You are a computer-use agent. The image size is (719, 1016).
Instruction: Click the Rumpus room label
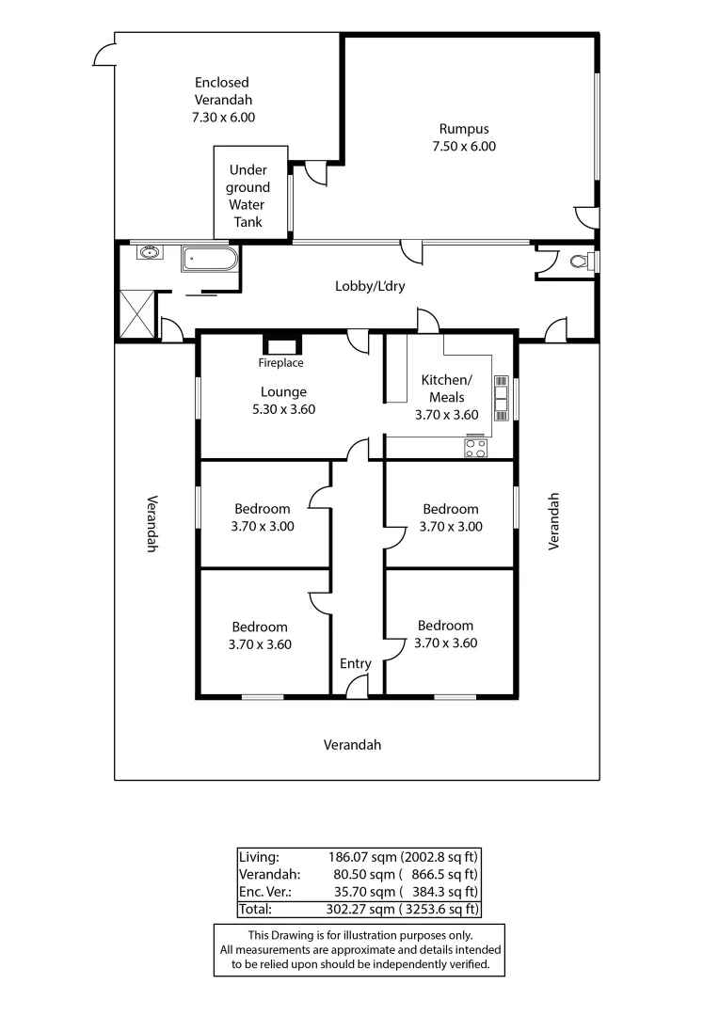(464, 129)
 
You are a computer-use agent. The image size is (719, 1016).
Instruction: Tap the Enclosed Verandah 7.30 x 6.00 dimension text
(223, 118)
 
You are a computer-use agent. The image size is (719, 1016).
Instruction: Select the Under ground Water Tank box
(249, 196)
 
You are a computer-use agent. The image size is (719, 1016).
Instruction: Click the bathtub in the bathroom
(209, 258)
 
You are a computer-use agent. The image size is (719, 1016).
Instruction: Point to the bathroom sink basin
(148, 252)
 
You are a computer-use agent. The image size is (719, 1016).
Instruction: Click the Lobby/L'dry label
(370, 286)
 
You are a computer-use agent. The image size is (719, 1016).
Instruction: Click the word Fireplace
(280, 363)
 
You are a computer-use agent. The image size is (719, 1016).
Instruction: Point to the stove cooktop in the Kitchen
(475, 449)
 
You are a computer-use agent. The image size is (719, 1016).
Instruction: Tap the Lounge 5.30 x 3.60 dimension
(283, 409)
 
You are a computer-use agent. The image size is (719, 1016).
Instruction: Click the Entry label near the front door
(355, 663)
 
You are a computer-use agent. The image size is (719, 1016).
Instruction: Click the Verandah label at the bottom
(352, 744)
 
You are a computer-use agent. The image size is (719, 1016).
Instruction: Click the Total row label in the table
(255, 909)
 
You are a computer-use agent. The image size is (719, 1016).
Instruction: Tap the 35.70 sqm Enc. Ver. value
(360, 892)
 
